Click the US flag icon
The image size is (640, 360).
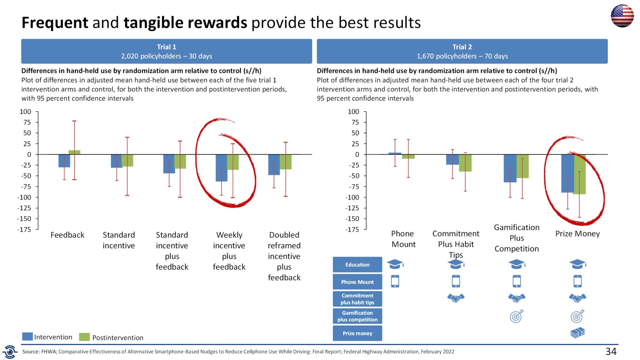tap(622, 16)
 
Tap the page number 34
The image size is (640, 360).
tap(611, 351)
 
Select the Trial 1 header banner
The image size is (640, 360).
tap(166, 51)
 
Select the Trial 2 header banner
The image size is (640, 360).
tap(462, 51)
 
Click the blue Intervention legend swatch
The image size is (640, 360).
tap(28, 337)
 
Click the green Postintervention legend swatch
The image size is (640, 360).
tap(84, 337)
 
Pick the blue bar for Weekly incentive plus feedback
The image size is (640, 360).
tap(221, 168)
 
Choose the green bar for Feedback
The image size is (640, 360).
tap(74, 152)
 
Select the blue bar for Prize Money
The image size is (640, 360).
tap(567, 173)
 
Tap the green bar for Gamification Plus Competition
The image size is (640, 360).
tap(523, 166)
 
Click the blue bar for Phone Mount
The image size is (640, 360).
tap(395, 154)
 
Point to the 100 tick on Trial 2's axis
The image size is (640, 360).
tap(353, 112)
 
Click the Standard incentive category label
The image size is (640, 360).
tap(119, 240)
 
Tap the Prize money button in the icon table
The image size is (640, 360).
tap(357, 333)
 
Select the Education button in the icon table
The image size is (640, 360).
tap(357, 265)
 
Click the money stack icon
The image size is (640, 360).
tap(578, 332)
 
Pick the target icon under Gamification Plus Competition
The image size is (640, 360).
tap(517, 316)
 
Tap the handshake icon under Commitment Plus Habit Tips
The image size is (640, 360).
tap(456, 298)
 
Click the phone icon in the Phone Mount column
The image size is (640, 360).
tap(395, 281)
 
